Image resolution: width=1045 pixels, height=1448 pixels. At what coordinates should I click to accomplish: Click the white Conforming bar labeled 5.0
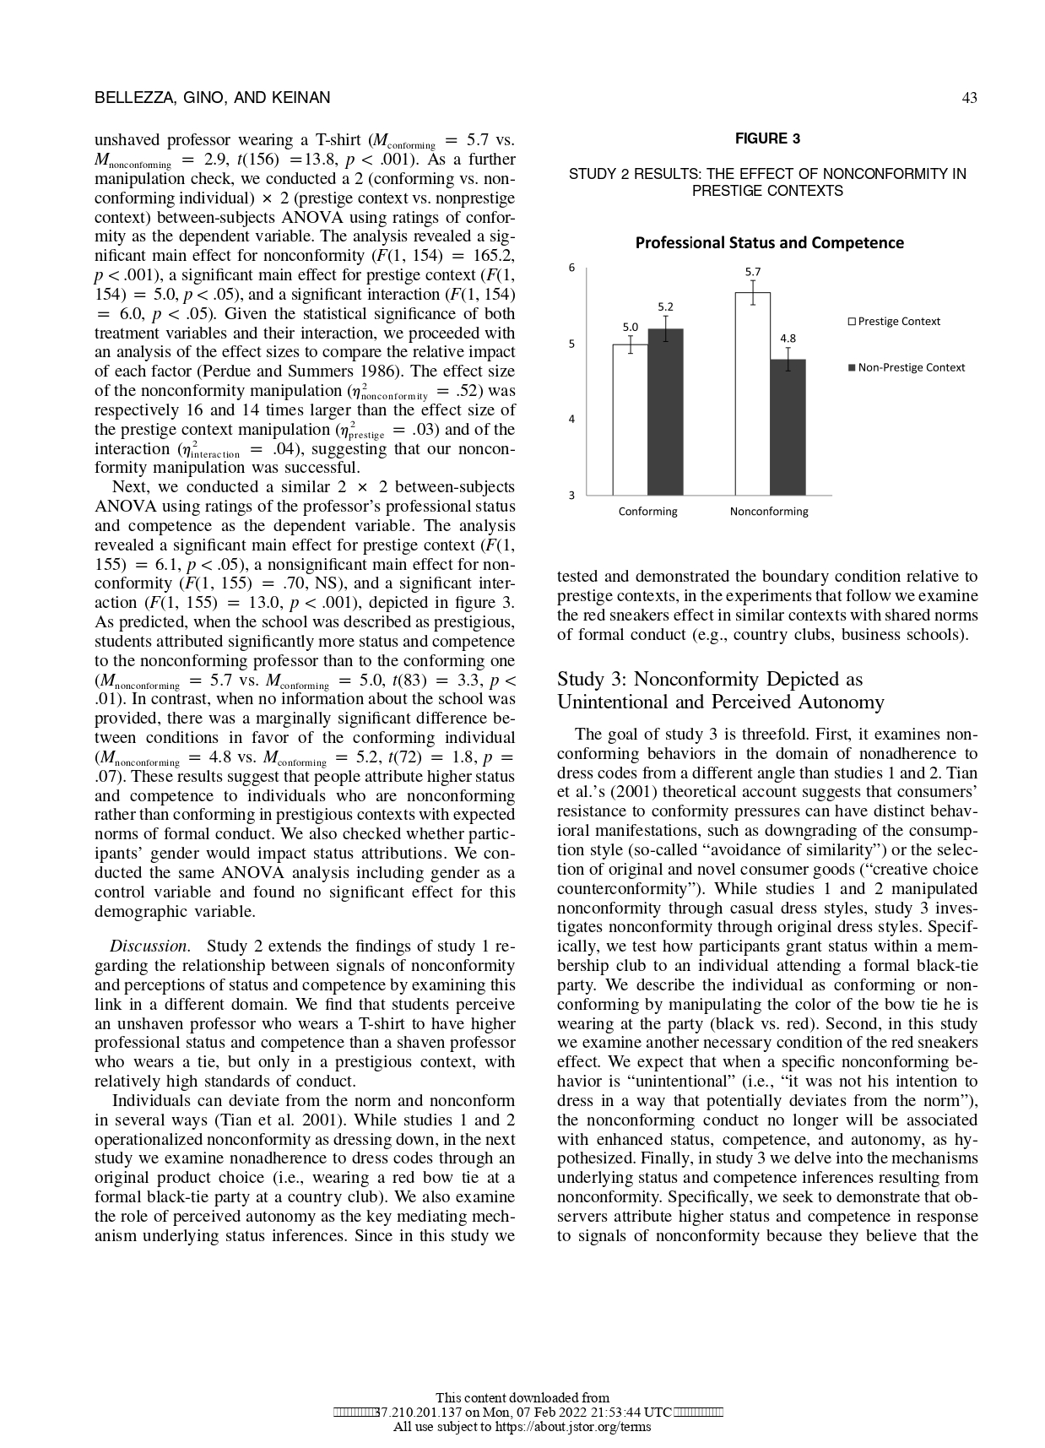[630, 420]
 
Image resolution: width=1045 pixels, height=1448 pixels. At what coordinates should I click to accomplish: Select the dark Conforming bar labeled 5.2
[665, 412]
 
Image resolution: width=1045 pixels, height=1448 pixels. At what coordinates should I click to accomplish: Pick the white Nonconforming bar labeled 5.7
[752, 393]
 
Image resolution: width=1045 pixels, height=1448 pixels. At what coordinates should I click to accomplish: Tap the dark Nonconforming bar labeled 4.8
[788, 427]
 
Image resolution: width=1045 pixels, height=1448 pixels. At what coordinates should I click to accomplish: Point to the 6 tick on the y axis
[571, 268]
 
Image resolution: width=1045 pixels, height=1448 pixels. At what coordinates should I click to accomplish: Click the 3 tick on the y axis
[571, 495]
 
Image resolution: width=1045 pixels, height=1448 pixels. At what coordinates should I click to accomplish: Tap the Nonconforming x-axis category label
[768, 512]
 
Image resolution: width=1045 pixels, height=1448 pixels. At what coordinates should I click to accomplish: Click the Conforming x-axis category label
[647, 512]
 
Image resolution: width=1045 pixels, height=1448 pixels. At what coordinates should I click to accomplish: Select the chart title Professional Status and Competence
[768, 243]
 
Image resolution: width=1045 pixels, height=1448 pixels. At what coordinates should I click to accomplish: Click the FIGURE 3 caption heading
[767, 138]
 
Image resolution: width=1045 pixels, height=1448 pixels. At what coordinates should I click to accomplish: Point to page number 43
[969, 98]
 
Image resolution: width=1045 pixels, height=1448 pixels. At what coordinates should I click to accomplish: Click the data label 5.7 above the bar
[752, 272]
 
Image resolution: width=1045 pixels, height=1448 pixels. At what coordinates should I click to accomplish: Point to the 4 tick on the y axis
[571, 419]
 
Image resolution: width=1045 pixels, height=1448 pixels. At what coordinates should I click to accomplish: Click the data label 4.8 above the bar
[788, 339]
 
